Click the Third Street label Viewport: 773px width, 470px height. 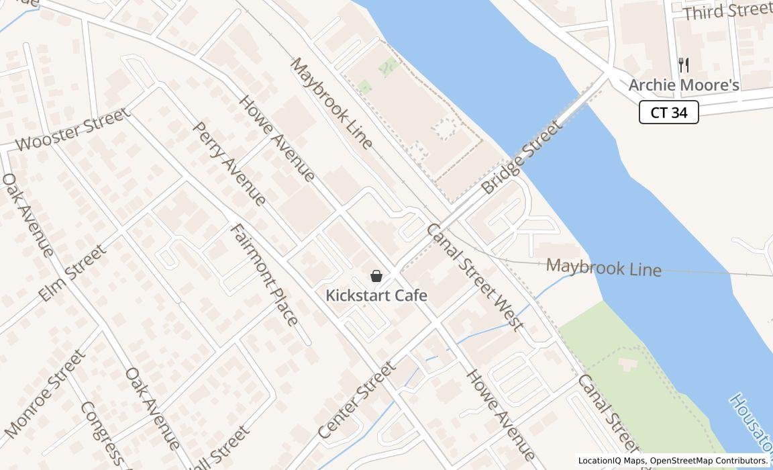click(727, 11)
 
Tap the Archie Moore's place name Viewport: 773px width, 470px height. click(683, 85)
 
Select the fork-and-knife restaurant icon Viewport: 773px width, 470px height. click(684, 65)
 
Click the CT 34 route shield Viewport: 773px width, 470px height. click(668, 112)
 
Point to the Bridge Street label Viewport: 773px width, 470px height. click(521, 158)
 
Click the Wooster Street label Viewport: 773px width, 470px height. click(72, 130)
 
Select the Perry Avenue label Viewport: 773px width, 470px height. click(229, 163)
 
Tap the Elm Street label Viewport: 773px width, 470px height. click(72, 273)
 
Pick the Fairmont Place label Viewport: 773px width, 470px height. click(264, 275)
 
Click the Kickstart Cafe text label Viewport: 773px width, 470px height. click(376, 295)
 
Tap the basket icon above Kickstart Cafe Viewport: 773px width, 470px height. click(376, 276)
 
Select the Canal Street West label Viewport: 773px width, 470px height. click(474, 277)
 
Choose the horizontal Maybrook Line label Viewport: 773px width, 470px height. click(603, 267)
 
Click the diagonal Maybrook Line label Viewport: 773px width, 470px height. click(331, 103)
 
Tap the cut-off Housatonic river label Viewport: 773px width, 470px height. click(750, 423)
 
